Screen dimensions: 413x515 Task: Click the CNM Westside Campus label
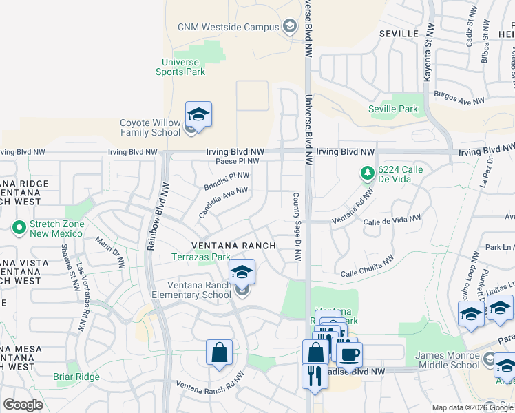coord(227,27)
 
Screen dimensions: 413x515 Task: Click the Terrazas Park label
coord(200,257)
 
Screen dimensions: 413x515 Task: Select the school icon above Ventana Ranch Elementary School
coord(242,272)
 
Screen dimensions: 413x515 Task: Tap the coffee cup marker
coord(349,354)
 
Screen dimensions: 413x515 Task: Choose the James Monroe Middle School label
coord(447,360)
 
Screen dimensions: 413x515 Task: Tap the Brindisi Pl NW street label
coord(227,181)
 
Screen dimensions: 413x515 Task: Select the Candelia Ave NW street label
coord(223,202)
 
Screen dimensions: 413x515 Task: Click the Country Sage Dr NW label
coord(297,226)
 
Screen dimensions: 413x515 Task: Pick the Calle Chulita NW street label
coord(368,266)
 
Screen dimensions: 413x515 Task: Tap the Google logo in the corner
coord(23,405)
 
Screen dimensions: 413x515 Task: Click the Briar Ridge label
coord(77,377)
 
